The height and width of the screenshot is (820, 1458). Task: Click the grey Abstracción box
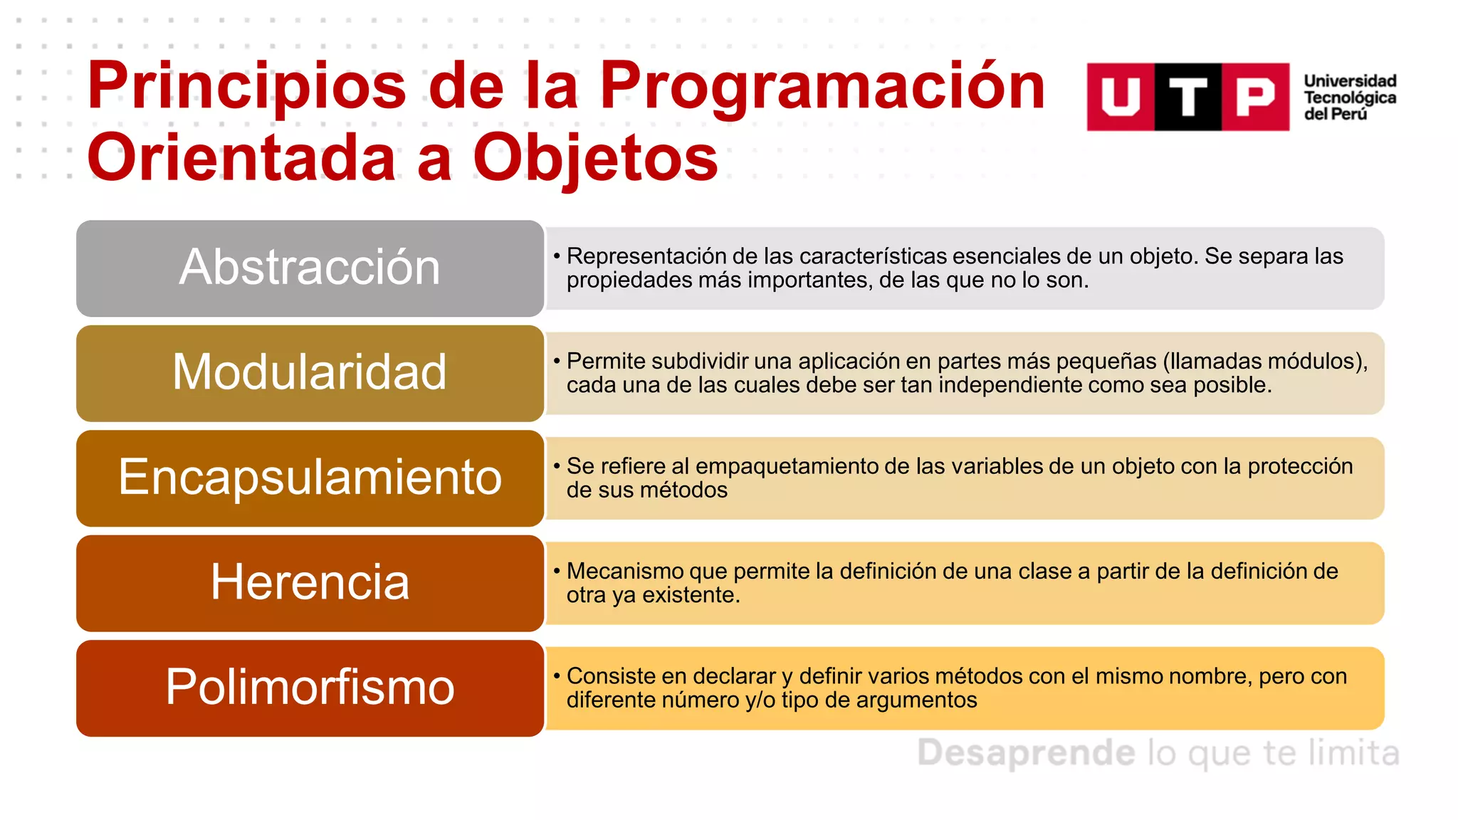pos(310,268)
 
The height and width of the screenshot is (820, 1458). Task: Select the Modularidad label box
pos(310,373)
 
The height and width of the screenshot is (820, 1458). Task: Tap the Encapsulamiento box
pos(310,478)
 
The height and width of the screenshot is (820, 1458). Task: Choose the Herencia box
pos(310,583)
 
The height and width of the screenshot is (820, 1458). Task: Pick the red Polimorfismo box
pos(310,688)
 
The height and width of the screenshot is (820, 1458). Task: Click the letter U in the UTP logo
pos(1121,97)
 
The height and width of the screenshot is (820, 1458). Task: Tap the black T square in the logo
pos(1187,97)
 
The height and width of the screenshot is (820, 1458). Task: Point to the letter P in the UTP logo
pos(1255,97)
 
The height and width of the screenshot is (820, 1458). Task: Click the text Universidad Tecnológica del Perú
pos(1349,98)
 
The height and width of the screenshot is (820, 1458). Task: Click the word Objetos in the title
pos(595,158)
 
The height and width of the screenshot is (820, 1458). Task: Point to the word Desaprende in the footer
pos(1025,752)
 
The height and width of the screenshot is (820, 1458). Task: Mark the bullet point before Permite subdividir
pos(557,361)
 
